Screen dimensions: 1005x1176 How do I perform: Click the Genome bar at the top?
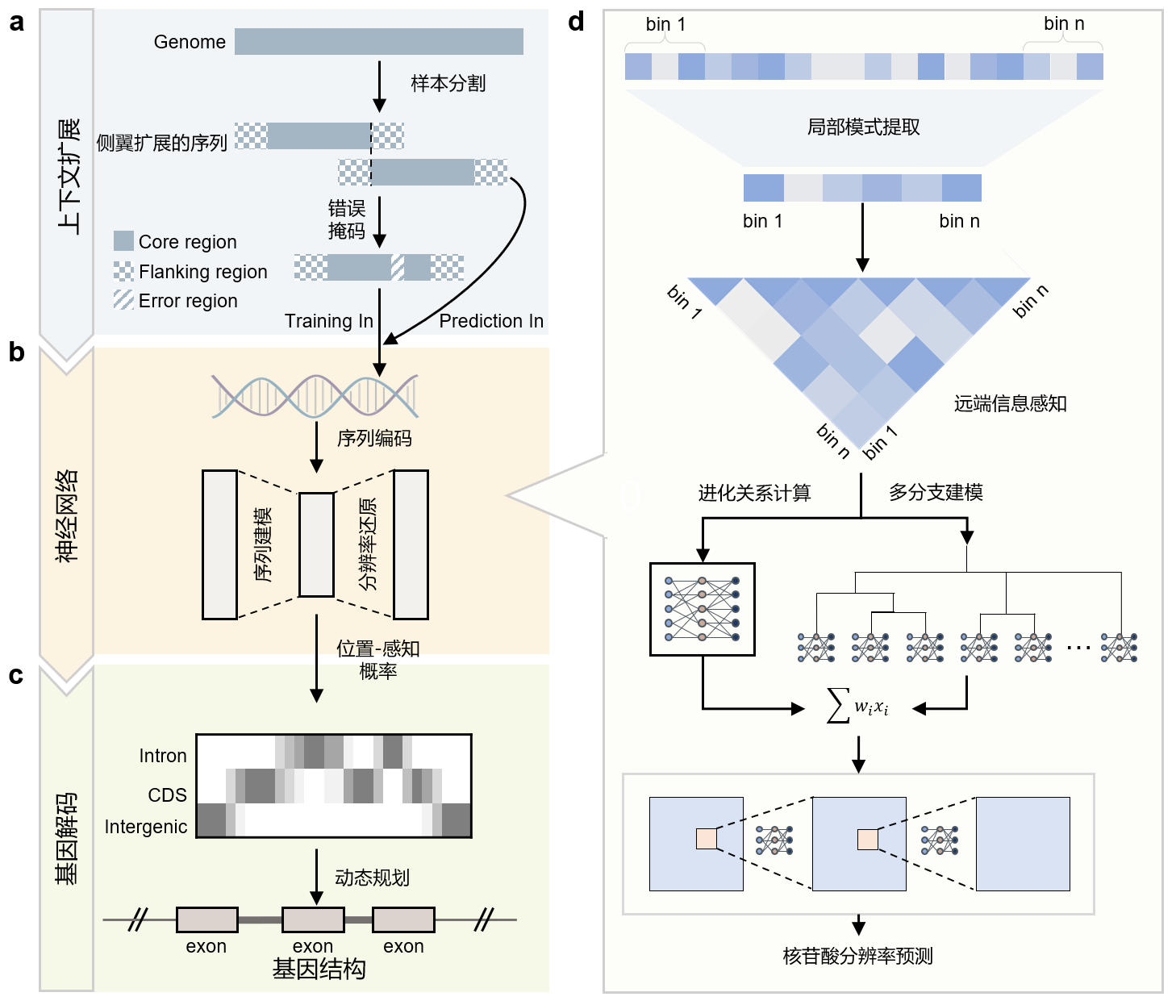pos(378,42)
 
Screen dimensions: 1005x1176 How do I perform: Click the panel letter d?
pos(576,22)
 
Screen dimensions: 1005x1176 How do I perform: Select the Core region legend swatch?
pos(123,241)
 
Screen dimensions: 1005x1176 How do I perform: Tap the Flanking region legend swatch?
pos(123,271)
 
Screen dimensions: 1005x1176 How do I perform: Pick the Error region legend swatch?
pos(123,300)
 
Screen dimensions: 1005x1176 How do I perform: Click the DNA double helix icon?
pos(315,396)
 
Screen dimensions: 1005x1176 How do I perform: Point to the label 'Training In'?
pos(329,321)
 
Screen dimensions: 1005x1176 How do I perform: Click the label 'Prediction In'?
pos(491,321)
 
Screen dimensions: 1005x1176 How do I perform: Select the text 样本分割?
pos(448,83)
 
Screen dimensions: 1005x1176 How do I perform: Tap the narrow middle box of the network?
pos(316,544)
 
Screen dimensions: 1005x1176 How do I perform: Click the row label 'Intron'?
pos(163,756)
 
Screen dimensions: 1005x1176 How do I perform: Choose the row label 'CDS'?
pos(168,795)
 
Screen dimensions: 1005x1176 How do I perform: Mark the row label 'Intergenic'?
pos(146,827)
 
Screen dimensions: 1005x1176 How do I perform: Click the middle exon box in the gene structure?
pos(313,920)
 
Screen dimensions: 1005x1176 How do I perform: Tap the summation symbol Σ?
pos(839,706)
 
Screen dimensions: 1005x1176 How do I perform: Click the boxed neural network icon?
pos(702,609)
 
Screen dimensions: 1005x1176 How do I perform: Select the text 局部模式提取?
pos(863,127)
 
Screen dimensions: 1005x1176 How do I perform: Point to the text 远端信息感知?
pos(1010,404)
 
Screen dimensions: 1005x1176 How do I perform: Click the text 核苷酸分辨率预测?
pos(857,957)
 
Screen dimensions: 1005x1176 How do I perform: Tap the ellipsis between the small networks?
pos(1078,647)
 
